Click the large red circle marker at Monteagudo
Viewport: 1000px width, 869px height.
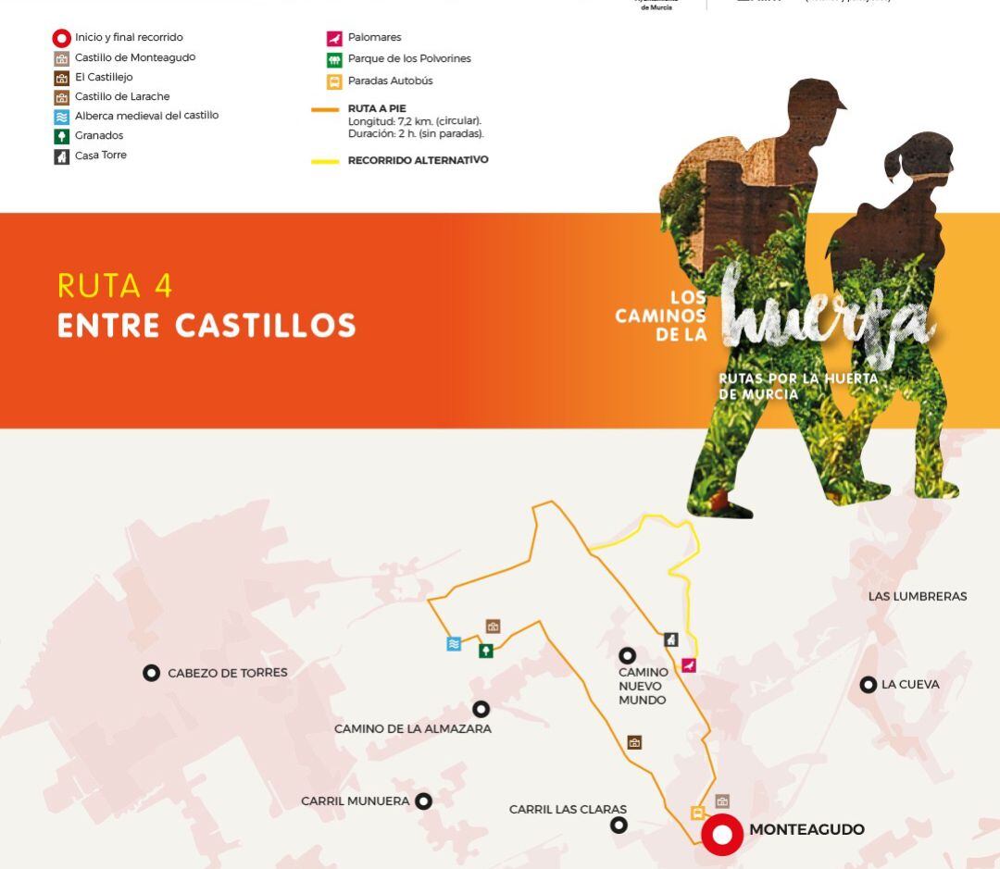[721, 835]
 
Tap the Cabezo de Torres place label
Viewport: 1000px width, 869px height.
[227, 673]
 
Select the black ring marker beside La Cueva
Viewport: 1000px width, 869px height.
[868, 685]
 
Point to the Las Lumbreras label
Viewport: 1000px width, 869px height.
[917, 596]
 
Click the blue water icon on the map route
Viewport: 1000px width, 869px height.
[454, 644]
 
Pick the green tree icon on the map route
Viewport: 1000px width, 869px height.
[485, 651]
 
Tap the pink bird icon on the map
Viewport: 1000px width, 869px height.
[689, 665]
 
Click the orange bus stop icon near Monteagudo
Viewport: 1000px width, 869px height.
[697, 813]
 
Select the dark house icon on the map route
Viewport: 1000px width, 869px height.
[671, 639]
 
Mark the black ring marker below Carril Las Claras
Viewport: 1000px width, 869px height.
[619, 825]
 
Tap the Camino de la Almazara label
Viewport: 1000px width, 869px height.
[412, 728]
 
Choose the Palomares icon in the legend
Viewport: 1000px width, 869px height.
[334, 38]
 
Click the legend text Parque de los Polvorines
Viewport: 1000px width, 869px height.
[409, 58]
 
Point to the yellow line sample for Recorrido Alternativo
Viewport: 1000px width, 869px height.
[325, 161]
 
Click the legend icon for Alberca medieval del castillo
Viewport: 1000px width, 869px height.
[62, 117]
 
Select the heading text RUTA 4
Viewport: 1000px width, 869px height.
[115, 286]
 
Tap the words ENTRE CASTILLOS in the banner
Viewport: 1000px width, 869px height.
[206, 326]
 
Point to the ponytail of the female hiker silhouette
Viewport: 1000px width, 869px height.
[894, 165]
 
